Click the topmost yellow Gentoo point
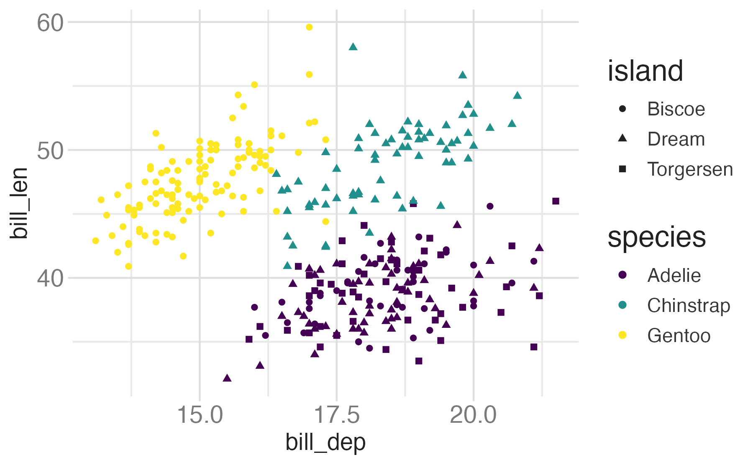pyautogui.click(x=309, y=27)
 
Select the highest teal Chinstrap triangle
pyautogui.click(x=353, y=47)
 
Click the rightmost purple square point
pyautogui.click(x=556, y=201)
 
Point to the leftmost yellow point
pyautogui.click(x=96, y=241)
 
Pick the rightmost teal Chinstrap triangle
pyautogui.click(x=517, y=96)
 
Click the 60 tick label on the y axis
pyautogui.click(x=50, y=23)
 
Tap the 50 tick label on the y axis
pyautogui.click(x=50, y=150)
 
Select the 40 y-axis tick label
pyautogui.click(x=50, y=278)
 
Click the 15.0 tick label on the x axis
pyautogui.click(x=200, y=415)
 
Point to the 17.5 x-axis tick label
pyautogui.click(x=337, y=415)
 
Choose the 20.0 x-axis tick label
pyautogui.click(x=474, y=415)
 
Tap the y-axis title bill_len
pyautogui.click(x=19, y=203)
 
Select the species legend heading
pyautogui.click(x=656, y=238)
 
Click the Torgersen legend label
pyautogui.click(x=690, y=169)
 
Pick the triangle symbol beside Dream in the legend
pyautogui.click(x=622, y=138)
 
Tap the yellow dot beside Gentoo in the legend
pyautogui.click(x=622, y=335)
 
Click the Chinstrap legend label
pyautogui.click(x=689, y=306)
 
